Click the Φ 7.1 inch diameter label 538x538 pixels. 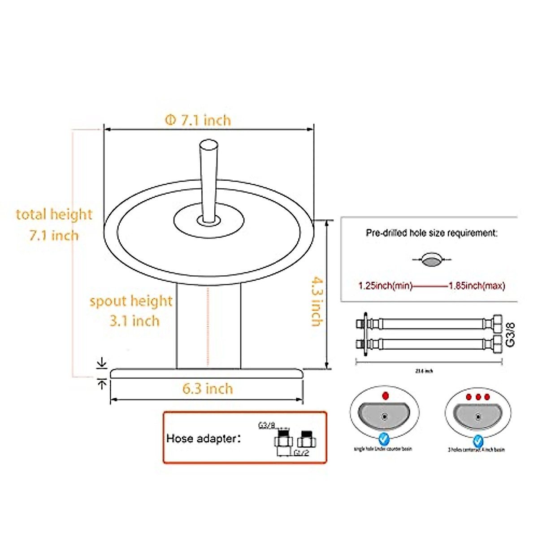point(198,120)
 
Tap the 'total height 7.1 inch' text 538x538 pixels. point(54,225)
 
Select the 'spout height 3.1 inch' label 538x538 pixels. point(131,311)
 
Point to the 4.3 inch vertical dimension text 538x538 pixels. point(317,301)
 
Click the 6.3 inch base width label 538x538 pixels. point(208,389)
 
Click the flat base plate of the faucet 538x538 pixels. point(207,373)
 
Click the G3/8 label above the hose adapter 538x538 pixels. point(266,425)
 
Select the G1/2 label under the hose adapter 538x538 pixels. point(302,453)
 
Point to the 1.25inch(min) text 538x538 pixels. point(385,286)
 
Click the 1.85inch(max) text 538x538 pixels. point(477,286)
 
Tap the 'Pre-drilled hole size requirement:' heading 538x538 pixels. point(432,233)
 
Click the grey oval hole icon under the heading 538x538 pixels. point(432,260)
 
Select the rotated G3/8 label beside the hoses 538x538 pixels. point(510,334)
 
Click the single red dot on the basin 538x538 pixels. point(385,395)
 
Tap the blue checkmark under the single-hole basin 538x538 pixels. point(384,438)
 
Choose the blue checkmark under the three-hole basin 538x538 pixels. point(478,438)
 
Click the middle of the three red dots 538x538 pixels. point(478,397)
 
